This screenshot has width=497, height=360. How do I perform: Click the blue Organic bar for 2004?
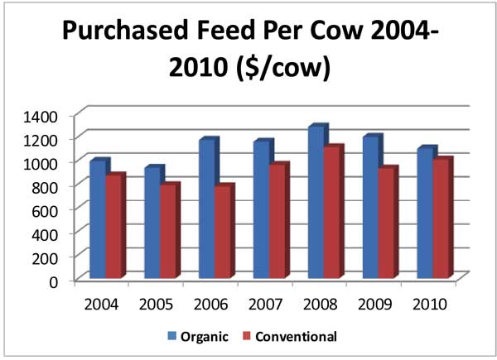(98, 219)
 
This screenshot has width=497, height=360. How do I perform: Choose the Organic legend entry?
(200, 337)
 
